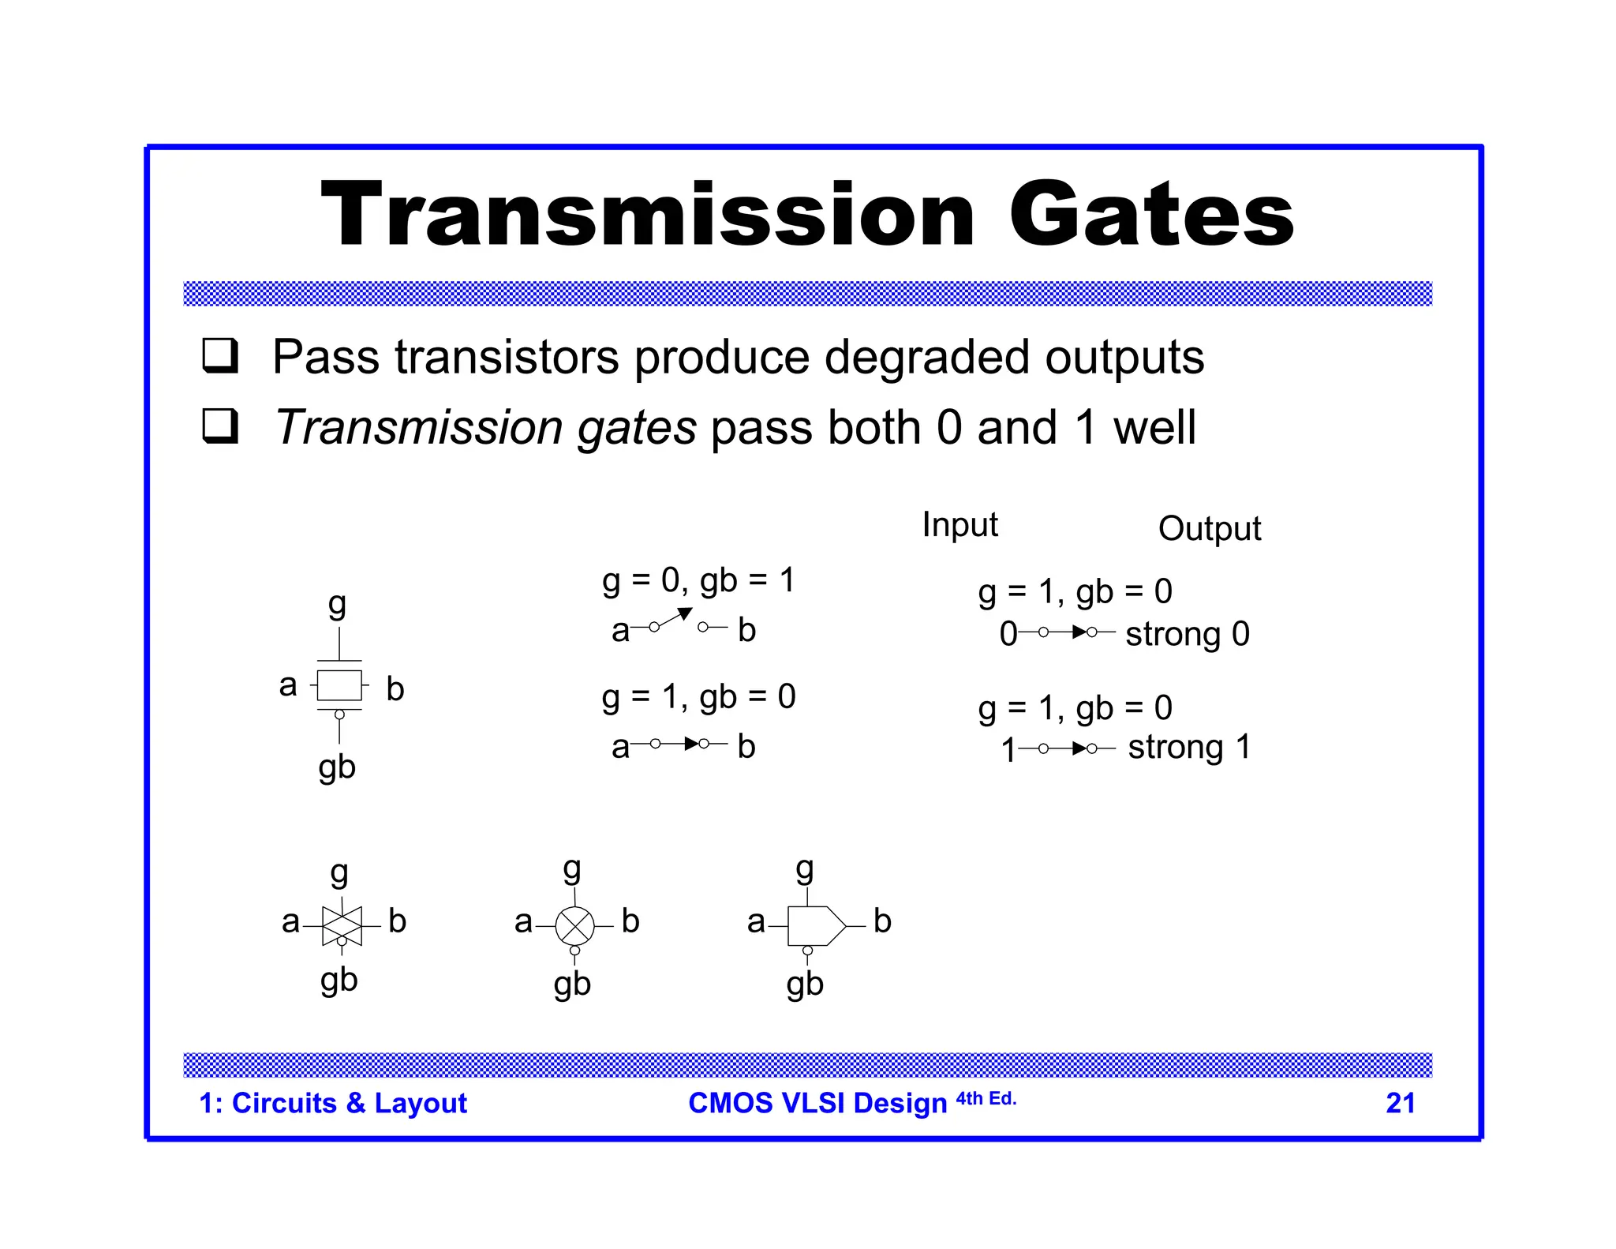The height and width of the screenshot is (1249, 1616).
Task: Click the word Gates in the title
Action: pyautogui.click(x=1151, y=214)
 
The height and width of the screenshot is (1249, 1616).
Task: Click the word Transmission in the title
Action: pyautogui.click(x=648, y=214)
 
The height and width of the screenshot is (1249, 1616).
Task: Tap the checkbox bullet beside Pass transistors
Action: pyautogui.click(x=220, y=355)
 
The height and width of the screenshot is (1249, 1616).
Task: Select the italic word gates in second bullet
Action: pyautogui.click(x=637, y=428)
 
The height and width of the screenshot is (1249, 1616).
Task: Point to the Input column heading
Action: pyautogui.click(x=959, y=525)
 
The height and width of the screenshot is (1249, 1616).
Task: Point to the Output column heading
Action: pyautogui.click(x=1209, y=529)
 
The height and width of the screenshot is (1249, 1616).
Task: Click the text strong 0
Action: pyautogui.click(x=1187, y=634)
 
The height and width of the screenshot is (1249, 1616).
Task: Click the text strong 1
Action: pyautogui.click(x=1188, y=747)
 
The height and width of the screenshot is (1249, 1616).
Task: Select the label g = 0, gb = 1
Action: pyautogui.click(x=698, y=580)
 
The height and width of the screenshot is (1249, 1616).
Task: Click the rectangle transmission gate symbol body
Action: pyautogui.click(x=339, y=685)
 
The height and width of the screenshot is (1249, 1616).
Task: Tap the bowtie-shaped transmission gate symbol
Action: pyautogui.click(x=342, y=925)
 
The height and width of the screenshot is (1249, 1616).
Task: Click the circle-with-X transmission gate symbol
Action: pyautogui.click(x=574, y=926)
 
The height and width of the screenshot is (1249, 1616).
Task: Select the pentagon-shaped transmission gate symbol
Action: pyautogui.click(x=815, y=925)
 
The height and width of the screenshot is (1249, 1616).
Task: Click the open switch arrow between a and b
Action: pyautogui.click(x=675, y=619)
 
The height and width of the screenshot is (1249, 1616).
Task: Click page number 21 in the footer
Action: pyautogui.click(x=1400, y=1103)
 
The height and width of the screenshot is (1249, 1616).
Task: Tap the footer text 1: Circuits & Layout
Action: pyautogui.click(x=333, y=1103)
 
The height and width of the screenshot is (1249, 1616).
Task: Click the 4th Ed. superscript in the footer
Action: pyautogui.click(x=986, y=1098)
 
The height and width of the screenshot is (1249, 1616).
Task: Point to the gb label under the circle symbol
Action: pyautogui.click(x=572, y=985)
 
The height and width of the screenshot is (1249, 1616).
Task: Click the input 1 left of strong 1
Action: pyautogui.click(x=1008, y=749)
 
